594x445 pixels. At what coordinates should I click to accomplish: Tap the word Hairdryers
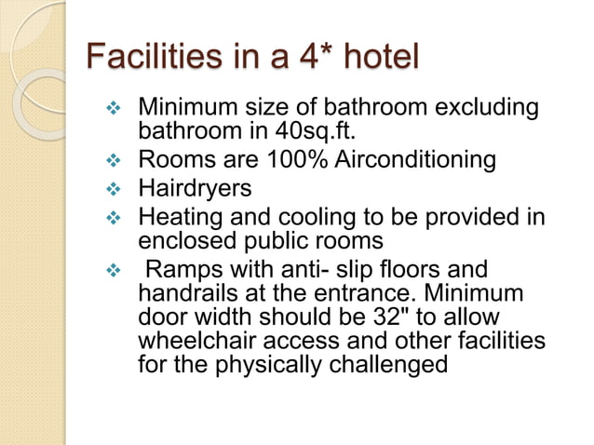click(195, 189)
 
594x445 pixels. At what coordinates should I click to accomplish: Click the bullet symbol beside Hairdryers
click(115, 190)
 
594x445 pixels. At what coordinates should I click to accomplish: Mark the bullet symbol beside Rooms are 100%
click(115, 161)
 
